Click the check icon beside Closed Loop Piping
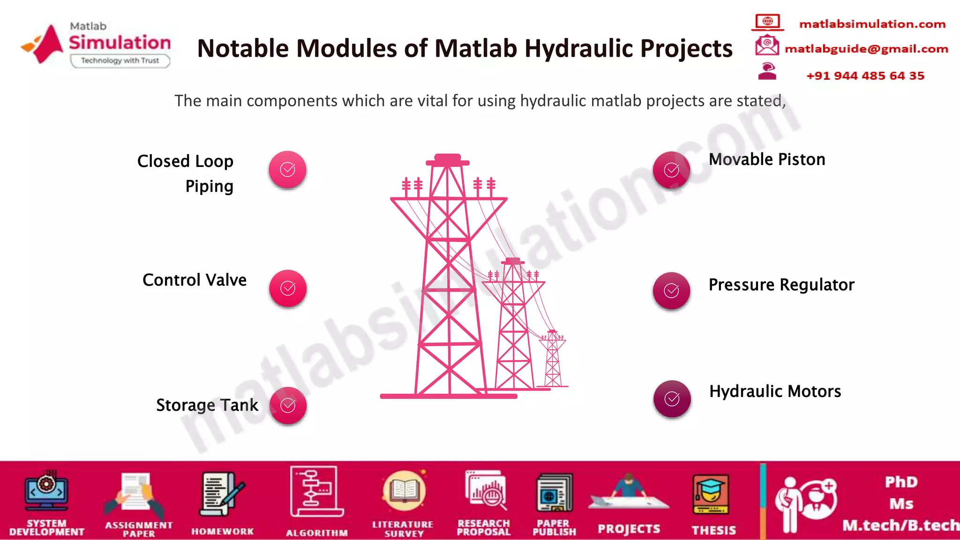(x=287, y=169)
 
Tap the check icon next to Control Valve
(x=288, y=288)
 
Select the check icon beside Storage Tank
(x=288, y=405)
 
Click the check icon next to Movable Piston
(x=671, y=170)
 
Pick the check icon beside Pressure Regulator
(x=671, y=291)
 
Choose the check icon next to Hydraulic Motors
(x=672, y=399)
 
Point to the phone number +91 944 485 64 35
(x=865, y=76)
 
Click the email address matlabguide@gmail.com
(x=866, y=49)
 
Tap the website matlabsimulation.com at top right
(x=872, y=24)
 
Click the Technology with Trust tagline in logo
(x=120, y=60)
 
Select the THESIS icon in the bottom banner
(x=711, y=495)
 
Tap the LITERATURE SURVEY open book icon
(x=404, y=491)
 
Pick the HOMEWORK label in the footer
(x=222, y=532)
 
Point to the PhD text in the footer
(x=901, y=482)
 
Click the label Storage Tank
(x=207, y=405)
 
